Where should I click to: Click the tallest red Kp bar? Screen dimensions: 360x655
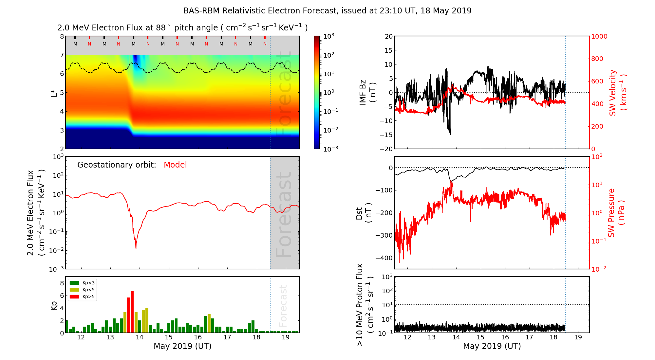tap(132, 312)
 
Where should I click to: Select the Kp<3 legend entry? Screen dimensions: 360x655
tap(82, 283)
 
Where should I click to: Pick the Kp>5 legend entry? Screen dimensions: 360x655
tap(82, 297)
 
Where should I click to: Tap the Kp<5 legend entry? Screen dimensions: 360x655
tap(82, 290)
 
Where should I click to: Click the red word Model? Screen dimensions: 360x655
tap(175, 165)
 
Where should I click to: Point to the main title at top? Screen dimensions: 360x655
tap(327, 11)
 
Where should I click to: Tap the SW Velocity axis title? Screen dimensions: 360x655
tap(618, 93)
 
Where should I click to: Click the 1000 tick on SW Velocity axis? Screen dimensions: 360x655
tap(599, 36)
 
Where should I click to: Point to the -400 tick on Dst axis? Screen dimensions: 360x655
tap(384, 258)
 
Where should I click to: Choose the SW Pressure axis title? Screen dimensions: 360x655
tap(616, 213)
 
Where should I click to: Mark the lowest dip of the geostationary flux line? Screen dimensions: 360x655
tap(136, 248)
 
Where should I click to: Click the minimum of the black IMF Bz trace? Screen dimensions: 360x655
tap(451, 135)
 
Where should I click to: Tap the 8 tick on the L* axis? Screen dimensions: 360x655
tap(62, 36)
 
